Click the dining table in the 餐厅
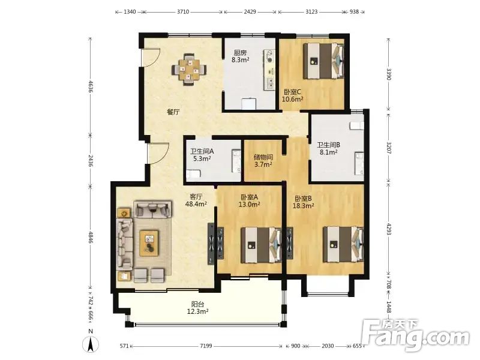(189, 70)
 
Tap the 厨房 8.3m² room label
(241, 56)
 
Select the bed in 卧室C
(323, 61)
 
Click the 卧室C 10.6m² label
(292, 95)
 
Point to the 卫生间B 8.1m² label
(328, 148)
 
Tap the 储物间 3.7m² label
(263, 161)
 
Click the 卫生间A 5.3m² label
(202, 155)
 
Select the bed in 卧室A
(261, 245)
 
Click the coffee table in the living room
(149, 243)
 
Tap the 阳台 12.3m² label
(198, 308)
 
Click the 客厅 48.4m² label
(196, 200)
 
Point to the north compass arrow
(91, 344)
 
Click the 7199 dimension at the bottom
(206, 346)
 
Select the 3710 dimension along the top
(183, 12)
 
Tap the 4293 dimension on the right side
(389, 229)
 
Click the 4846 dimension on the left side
(91, 238)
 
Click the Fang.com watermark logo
(415, 335)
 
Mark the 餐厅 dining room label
(173, 112)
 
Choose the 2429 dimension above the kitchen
(250, 12)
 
